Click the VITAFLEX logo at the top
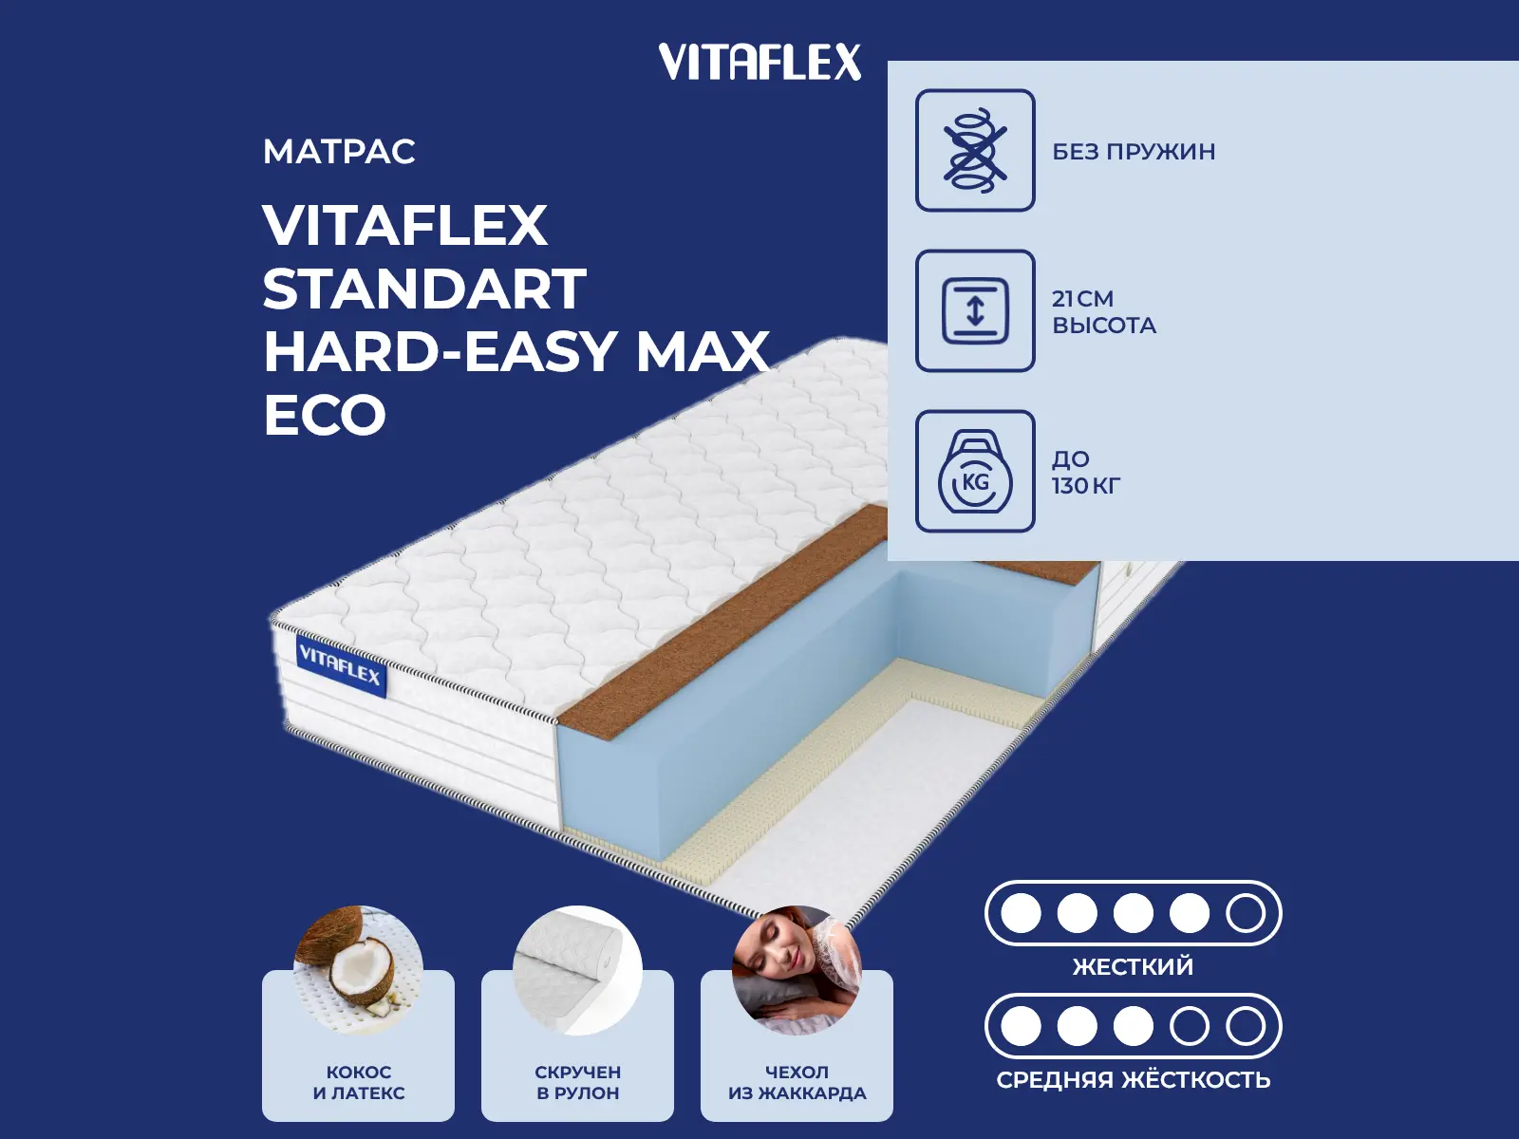pos(759,63)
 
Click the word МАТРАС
pos(339,152)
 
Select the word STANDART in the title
pos(424,289)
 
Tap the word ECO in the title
pos(325,415)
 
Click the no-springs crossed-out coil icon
pos(975,150)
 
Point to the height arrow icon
pos(975,310)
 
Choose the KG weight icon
pos(975,472)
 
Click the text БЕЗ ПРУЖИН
pos(1134,152)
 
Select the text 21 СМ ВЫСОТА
pos(1103,312)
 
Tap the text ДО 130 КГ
pos(1085,473)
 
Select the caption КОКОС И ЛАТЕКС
pos(359,1082)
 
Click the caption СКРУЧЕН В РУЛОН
pos(577,1082)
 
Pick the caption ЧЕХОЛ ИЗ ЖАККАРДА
pos(797,1082)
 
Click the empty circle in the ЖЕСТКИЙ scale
pos(1245,913)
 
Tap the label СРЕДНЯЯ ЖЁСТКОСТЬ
pos(1133,1080)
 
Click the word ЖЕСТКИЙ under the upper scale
pos(1133,967)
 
